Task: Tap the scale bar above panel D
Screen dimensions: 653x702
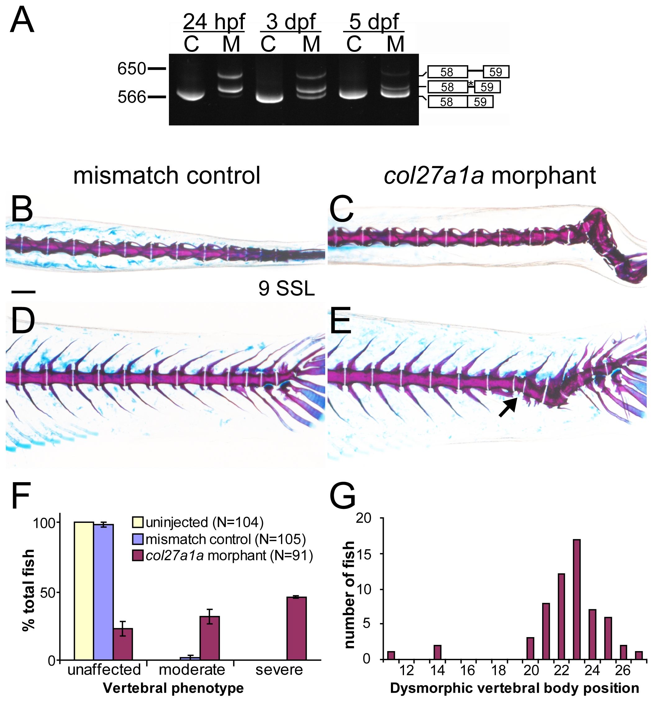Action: tap(23, 292)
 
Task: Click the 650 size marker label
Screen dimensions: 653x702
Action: tap(131, 69)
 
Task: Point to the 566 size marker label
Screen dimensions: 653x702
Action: tap(131, 97)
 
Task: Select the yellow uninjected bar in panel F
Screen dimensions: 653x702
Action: tap(84, 591)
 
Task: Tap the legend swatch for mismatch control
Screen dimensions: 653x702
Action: tap(137, 539)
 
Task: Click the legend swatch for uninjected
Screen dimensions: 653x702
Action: tap(137, 522)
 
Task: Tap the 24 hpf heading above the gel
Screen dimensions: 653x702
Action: tap(214, 22)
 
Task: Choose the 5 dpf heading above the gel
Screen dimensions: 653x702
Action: tap(374, 22)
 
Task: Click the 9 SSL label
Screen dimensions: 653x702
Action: tap(286, 288)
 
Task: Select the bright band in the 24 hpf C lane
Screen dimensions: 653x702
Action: tap(191, 95)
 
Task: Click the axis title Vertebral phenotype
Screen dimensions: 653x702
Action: tap(173, 688)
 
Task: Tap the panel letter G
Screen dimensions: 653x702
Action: tap(342, 496)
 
